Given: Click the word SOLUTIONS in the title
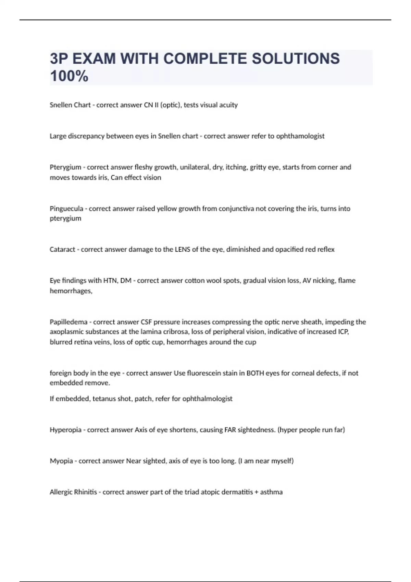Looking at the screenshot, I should tap(296, 59).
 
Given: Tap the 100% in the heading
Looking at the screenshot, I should tap(69, 76).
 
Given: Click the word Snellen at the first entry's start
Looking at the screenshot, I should tap(60, 105).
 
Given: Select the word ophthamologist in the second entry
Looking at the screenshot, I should tap(300, 136).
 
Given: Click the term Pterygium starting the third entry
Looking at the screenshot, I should tap(65, 167).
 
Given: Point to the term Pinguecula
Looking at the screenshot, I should tap(66, 208).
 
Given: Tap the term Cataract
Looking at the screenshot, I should tap(62, 250).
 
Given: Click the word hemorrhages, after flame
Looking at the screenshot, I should tap(71, 291).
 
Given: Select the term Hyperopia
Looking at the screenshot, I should tap(65, 430).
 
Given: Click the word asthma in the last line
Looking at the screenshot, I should tap(271, 492).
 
